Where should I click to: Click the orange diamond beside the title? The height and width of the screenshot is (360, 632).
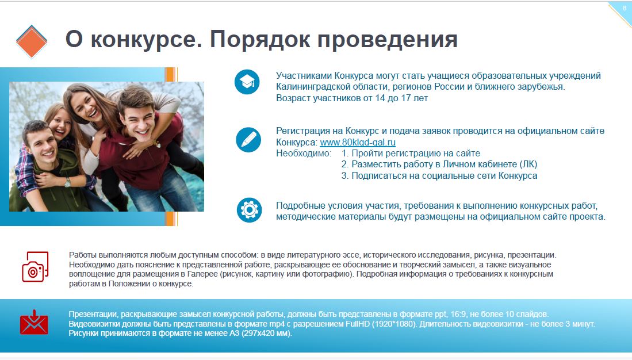pyautogui.click(x=32, y=41)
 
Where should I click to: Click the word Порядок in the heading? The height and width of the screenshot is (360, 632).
pyautogui.click(x=259, y=40)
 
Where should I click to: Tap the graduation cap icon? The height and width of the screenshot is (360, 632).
pyautogui.click(x=247, y=82)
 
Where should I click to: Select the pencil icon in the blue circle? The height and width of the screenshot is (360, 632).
pyautogui.click(x=248, y=140)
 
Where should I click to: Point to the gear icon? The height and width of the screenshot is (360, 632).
pyautogui.click(x=249, y=210)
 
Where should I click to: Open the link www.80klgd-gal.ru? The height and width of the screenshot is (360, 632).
pyautogui.click(x=358, y=142)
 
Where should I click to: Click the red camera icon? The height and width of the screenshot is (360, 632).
pyautogui.click(x=35, y=266)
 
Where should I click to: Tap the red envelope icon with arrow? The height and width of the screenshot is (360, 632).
pyautogui.click(x=34, y=322)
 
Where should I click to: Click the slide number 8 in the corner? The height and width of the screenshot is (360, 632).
pyautogui.click(x=625, y=8)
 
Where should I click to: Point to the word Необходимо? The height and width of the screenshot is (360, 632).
pyautogui.click(x=304, y=153)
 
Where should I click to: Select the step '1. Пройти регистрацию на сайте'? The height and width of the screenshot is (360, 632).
pyautogui.click(x=411, y=153)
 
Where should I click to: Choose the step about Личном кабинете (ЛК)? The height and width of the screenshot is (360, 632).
pyautogui.click(x=439, y=164)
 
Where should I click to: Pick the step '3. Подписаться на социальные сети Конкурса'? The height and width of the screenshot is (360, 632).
pyautogui.click(x=439, y=175)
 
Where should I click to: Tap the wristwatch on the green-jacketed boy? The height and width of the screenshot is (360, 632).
pyautogui.click(x=67, y=182)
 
